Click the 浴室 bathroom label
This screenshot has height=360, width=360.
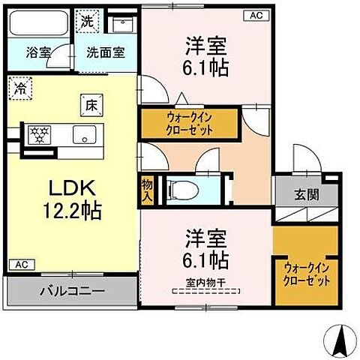tap(35, 53)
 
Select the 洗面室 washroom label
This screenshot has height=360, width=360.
tap(105, 53)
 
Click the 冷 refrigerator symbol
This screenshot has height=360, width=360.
tap(19, 88)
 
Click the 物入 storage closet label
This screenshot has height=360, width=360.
tap(147, 190)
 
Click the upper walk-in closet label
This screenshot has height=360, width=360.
tap(190, 122)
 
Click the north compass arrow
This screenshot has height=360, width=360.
tap(338, 340)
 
